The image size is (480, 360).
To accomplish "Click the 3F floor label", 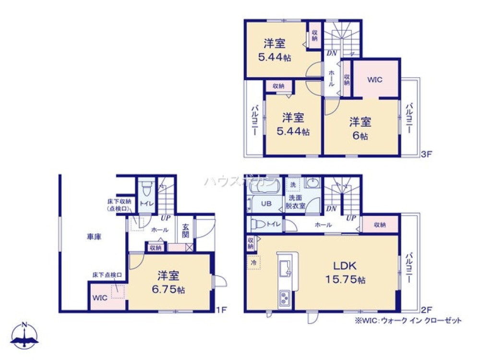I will point(427,155).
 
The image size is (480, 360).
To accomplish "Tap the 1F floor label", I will point(221,309).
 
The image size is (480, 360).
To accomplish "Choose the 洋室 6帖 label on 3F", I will point(360,128).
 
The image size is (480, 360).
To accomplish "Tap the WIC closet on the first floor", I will point(100,298).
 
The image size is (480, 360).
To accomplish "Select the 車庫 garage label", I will point(94,237).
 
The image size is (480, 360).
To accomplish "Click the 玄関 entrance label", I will point(186,231).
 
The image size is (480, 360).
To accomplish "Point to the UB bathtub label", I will point(266,203).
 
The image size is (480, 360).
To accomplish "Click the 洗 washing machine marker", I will point(292,184).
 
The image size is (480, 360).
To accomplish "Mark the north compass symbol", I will point(25,335).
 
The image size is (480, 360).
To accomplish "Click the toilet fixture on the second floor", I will point(259,224).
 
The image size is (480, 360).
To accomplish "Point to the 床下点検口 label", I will point(107,275).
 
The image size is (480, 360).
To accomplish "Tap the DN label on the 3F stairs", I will point(332,54).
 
